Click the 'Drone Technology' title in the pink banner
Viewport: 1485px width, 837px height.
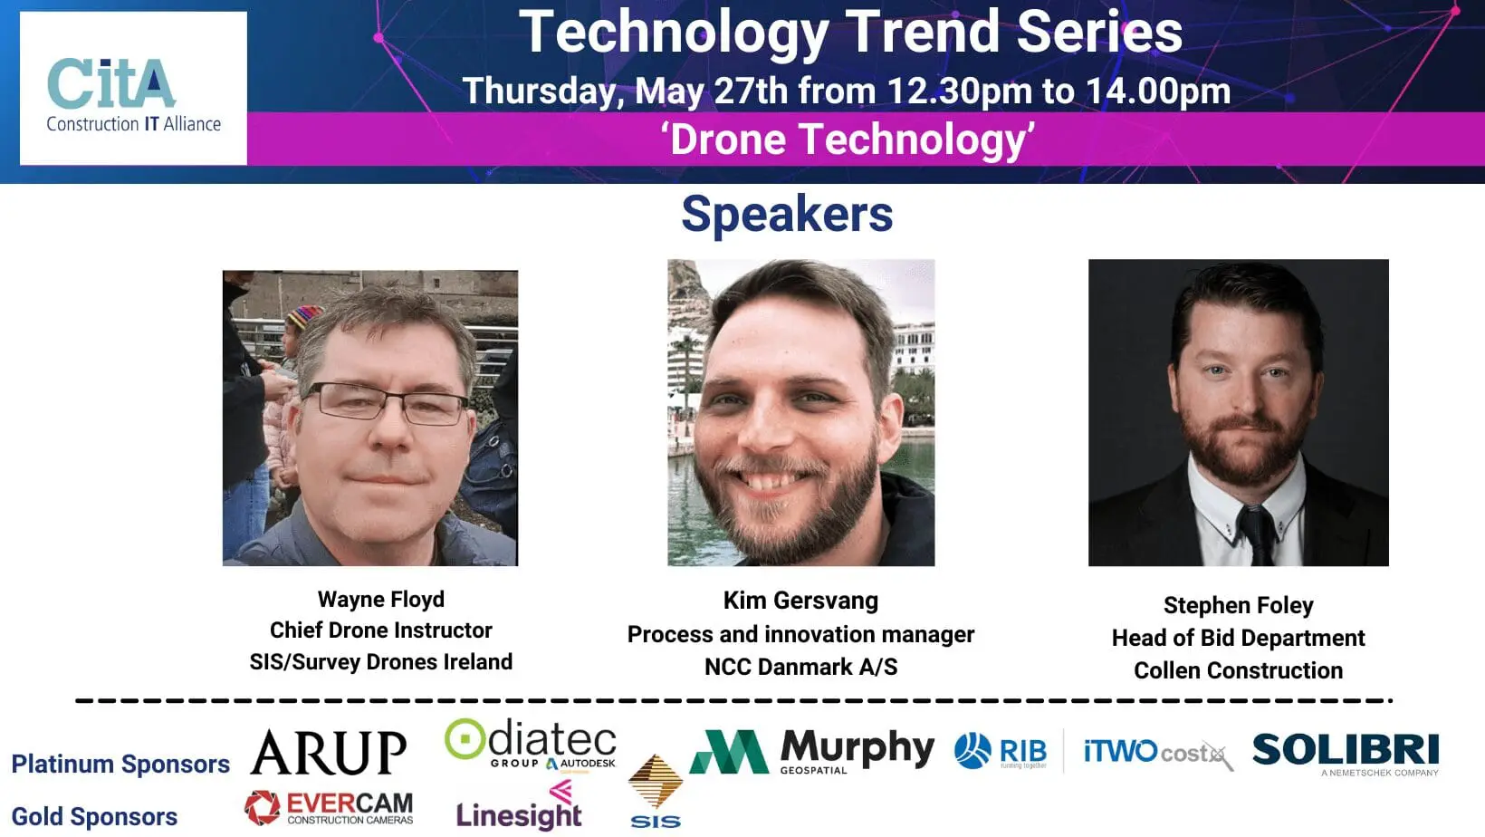848,139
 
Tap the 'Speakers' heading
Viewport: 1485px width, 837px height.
787,214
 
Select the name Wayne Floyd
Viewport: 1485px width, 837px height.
380,600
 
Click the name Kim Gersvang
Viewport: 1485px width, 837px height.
800,601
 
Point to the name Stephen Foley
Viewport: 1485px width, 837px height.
1239,605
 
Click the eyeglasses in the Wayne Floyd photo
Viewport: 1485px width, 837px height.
386,402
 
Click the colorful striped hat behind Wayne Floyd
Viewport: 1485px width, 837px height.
304,316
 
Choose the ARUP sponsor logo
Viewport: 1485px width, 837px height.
328,752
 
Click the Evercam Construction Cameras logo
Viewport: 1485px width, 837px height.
329,808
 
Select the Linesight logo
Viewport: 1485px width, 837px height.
519,806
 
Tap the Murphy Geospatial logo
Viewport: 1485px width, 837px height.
812,752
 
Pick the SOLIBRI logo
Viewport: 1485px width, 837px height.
1346,754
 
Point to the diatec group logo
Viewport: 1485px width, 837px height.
531,744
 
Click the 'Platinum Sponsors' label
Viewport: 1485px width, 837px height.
120,765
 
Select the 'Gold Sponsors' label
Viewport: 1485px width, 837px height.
95,817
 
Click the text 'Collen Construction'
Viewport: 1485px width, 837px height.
1239,670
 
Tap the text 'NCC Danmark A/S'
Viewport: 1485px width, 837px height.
800,667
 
